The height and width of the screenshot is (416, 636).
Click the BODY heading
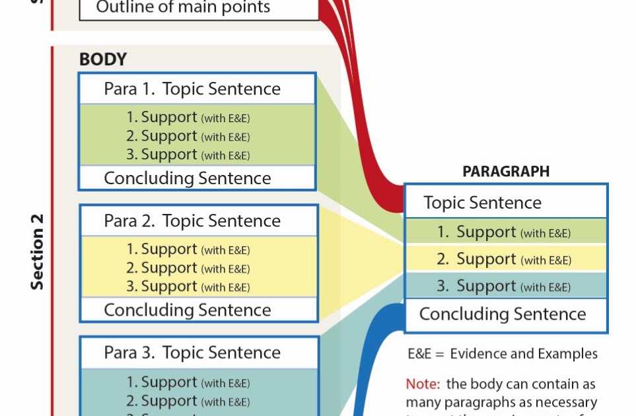tap(103, 59)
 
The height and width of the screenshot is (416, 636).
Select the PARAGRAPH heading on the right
tap(506, 172)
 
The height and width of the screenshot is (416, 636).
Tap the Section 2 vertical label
tap(38, 251)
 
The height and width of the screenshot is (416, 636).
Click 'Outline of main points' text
tap(183, 8)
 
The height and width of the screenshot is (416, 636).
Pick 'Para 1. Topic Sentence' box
tap(192, 89)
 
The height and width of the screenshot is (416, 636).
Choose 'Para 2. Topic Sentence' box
tap(192, 221)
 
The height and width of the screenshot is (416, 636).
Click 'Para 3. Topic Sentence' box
tap(192, 353)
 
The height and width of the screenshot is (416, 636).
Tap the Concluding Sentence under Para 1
tap(188, 178)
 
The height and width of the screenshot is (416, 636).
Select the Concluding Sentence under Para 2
tap(188, 310)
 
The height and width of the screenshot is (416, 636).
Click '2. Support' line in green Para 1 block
tap(188, 137)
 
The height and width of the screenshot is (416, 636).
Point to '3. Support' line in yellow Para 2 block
tap(188, 287)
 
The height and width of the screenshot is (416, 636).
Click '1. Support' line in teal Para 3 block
tap(188, 382)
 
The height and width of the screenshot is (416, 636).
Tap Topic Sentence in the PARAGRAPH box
tap(483, 203)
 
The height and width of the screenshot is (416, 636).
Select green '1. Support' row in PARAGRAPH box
tap(504, 232)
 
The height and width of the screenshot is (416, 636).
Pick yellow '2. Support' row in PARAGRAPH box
tap(504, 260)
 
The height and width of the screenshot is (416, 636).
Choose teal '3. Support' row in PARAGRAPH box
tap(504, 287)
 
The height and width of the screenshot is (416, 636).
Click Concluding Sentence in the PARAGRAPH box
tap(503, 314)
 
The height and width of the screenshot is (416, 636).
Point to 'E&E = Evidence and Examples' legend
tap(503, 354)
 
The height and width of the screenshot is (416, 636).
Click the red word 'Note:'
tap(423, 384)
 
